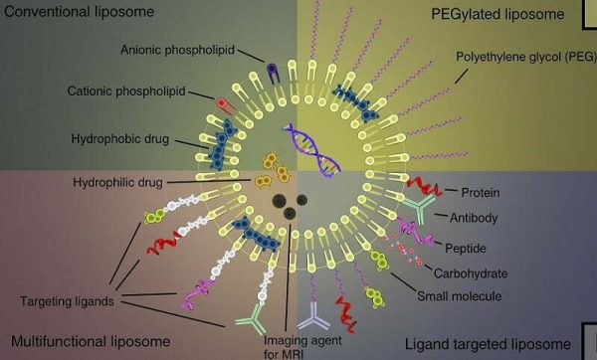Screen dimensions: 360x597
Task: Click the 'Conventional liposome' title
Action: pyautogui.click(x=75, y=13)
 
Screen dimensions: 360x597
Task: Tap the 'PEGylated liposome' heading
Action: pyautogui.click(x=489, y=13)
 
